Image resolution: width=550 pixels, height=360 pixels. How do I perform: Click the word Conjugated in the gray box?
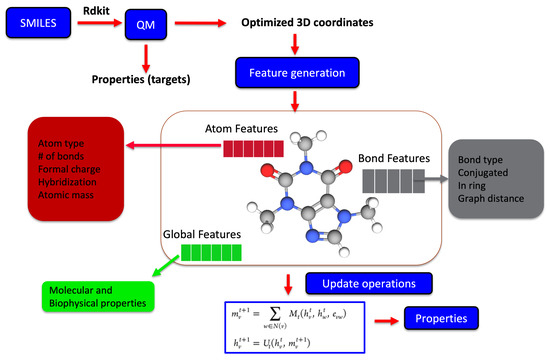click(485, 169)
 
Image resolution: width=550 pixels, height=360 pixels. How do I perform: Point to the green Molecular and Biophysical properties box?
click(96, 297)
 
